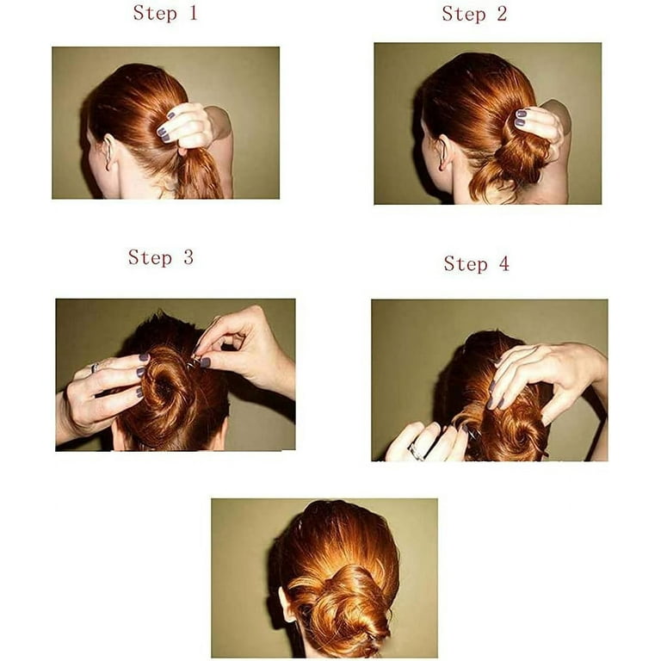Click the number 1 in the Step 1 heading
[x=192, y=14]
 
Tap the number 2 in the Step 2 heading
[x=502, y=14]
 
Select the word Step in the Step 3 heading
[x=149, y=257]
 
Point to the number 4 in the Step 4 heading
[x=503, y=264]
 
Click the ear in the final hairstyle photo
[x=286, y=605]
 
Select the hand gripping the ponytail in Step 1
[x=187, y=125]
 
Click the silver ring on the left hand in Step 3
[x=94, y=368]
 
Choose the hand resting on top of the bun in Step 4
[x=538, y=368]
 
